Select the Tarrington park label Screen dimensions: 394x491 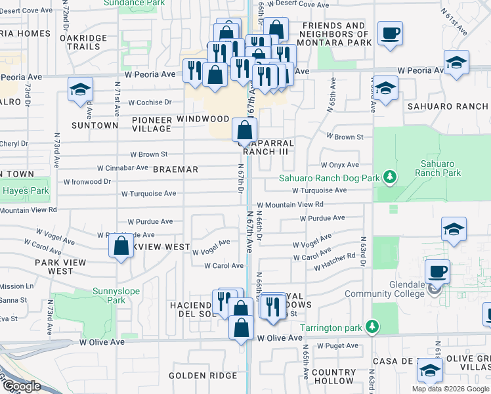point(331,327)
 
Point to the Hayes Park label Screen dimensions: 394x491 point(26,191)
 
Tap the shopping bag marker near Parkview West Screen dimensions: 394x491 point(121,247)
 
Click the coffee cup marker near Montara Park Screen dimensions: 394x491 point(390,33)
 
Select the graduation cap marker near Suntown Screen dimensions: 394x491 point(80,90)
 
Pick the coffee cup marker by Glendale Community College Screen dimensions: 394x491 point(437,271)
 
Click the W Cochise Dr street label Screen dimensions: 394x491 point(150,102)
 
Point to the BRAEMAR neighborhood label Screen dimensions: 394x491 point(175,169)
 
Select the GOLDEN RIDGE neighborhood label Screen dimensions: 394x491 point(194,376)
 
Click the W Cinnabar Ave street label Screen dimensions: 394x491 point(123,167)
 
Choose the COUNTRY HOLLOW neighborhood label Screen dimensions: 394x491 point(333,376)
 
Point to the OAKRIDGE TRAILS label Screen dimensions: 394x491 point(83,43)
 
